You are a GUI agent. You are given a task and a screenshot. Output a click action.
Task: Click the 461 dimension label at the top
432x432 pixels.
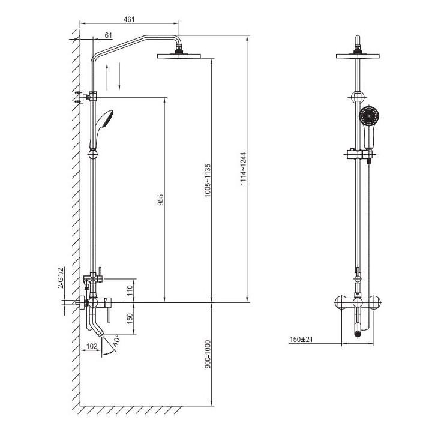click(129, 19)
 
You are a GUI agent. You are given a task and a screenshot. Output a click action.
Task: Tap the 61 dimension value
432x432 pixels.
click(109, 35)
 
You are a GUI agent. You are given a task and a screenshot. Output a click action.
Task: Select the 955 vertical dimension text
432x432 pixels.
click(160, 200)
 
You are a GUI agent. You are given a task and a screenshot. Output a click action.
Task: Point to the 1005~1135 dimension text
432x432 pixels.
click(208, 181)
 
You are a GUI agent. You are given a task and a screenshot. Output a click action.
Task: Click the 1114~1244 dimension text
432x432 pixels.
click(243, 169)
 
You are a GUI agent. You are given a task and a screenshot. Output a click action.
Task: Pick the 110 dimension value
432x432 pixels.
click(130, 290)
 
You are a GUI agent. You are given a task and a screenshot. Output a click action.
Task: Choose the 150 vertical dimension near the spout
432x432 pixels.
click(130, 319)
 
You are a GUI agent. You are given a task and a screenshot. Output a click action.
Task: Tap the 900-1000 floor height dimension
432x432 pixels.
click(208, 355)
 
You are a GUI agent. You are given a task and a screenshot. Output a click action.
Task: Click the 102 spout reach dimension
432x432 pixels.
click(92, 346)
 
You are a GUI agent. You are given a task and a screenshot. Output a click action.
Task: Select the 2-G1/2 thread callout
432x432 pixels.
click(61, 278)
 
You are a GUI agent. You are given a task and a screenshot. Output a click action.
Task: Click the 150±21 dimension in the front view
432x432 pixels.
click(301, 339)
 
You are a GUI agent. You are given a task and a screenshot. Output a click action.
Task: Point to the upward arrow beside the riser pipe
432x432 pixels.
click(107, 77)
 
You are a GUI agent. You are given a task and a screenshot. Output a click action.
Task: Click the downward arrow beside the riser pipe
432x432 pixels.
click(119, 76)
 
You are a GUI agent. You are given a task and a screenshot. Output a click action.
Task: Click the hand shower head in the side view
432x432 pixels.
click(105, 119)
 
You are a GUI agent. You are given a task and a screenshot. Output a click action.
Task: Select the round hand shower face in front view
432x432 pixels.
click(370, 116)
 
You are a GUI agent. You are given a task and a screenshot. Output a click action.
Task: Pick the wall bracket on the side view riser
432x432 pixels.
click(85, 97)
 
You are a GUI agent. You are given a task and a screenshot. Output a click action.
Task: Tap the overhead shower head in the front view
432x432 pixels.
click(358, 56)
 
